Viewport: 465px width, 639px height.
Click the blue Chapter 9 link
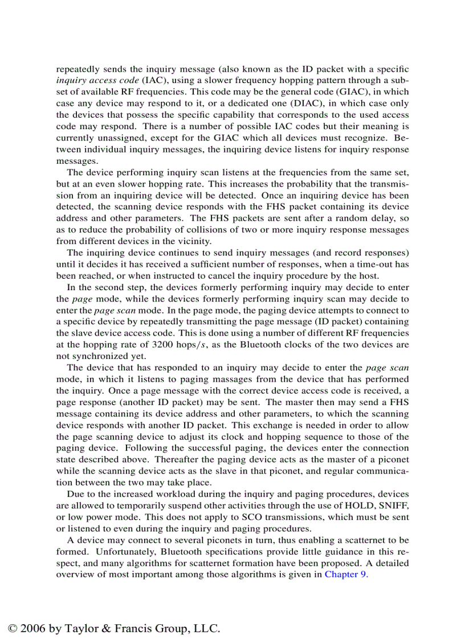tap(346, 574)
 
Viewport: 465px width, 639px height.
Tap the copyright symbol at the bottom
tap(13, 629)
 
